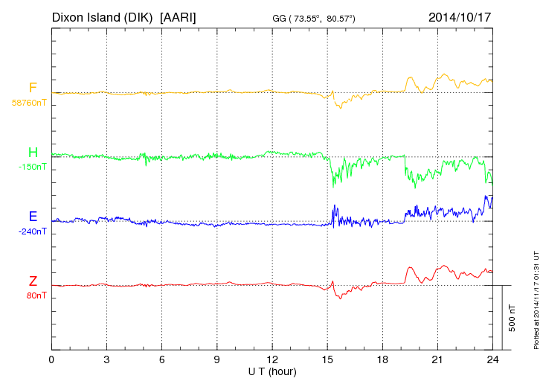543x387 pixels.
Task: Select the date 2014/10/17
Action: (460, 16)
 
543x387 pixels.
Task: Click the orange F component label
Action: (33, 88)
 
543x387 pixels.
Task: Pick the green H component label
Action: (33, 153)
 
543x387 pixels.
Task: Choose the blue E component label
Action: (33, 217)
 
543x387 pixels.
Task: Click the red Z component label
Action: (33, 281)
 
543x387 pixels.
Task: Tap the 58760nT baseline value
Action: (28, 103)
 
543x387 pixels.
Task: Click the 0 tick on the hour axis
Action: (51, 359)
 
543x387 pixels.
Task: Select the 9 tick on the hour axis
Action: (217, 359)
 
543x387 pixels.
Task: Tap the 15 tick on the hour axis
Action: (327, 359)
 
